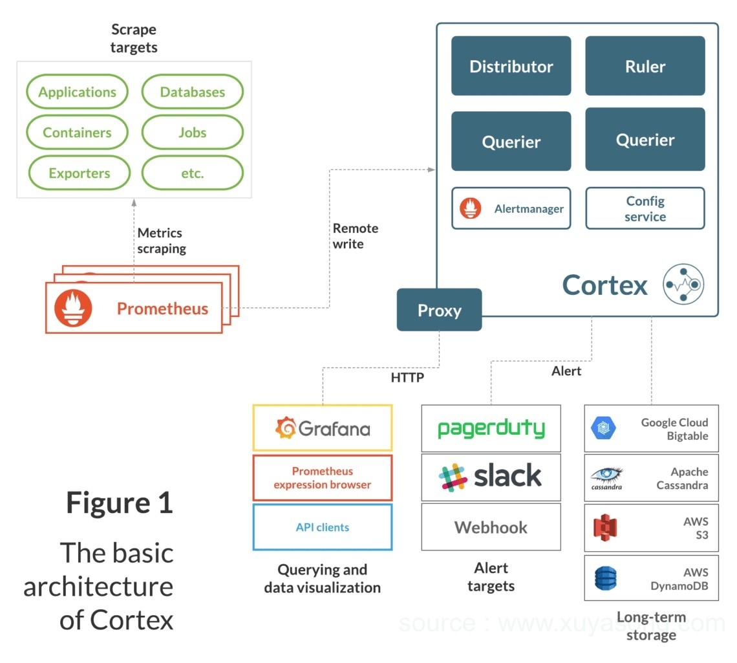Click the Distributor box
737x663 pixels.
(511, 66)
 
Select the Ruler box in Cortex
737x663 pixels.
(645, 66)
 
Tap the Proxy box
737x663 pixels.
(439, 310)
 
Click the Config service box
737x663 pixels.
(645, 208)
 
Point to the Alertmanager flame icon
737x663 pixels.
(471, 208)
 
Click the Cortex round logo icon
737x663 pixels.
(683, 284)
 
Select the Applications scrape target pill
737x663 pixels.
(78, 92)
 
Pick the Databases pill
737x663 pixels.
(192, 92)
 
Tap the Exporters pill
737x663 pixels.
(79, 173)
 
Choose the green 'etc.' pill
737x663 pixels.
(192, 173)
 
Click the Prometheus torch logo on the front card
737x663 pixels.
(73, 308)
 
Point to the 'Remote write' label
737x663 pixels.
(355, 236)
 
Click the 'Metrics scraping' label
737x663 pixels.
(161, 241)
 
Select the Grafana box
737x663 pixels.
(322, 428)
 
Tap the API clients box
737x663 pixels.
(322, 527)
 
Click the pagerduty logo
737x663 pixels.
(491, 428)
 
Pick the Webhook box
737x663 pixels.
(491, 527)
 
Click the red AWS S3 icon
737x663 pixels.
(605, 527)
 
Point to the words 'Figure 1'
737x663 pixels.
(120, 503)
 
